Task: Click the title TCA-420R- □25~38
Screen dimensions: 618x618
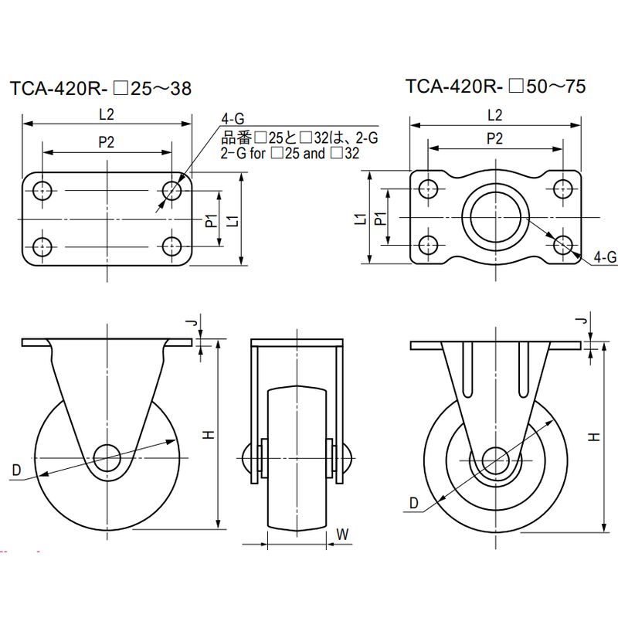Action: click(x=100, y=88)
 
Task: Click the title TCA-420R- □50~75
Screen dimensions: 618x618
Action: click(x=495, y=86)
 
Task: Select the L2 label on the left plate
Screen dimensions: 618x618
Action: click(x=107, y=114)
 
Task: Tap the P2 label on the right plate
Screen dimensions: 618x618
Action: click(x=495, y=139)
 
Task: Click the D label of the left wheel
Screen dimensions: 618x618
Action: click(x=15, y=470)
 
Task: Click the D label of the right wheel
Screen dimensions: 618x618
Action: click(x=414, y=504)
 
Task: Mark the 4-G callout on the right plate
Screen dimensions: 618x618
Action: click(x=606, y=258)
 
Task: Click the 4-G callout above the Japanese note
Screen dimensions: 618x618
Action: click(x=233, y=119)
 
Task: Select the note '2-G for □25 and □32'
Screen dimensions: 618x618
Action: click(x=290, y=153)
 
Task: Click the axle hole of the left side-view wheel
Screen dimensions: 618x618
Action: click(x=107, y=456)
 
